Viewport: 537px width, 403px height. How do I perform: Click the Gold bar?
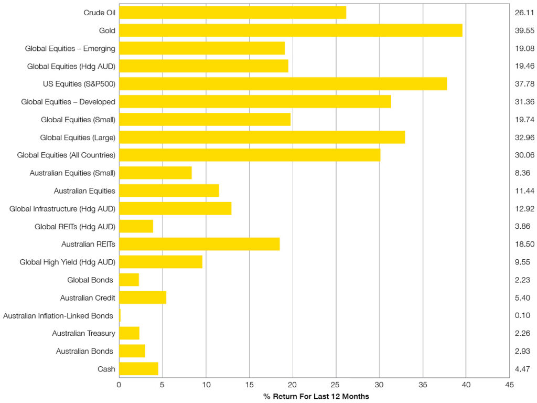pos(291,30)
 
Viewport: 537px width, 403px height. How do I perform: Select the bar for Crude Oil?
pos(232,13)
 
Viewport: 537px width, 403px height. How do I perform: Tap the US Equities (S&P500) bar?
pos(283,84)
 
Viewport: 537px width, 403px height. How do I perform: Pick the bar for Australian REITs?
pos(199,244)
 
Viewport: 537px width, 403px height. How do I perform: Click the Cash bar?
pos(138,369)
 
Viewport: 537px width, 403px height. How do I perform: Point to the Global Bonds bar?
pos(129,280)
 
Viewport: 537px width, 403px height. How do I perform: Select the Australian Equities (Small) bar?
pos(155,173)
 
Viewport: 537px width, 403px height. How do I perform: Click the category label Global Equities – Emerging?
pos(70,48)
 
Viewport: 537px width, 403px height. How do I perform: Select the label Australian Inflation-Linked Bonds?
pos(58,315)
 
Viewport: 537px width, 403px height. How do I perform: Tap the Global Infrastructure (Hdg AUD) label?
pos(62,208)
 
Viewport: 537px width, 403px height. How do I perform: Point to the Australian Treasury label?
pos(83,333)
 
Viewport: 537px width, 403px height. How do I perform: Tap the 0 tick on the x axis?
pos(119,385)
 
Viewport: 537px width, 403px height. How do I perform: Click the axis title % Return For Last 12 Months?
pos(316,396)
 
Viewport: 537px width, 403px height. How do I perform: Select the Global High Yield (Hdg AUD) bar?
pos(160,262)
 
